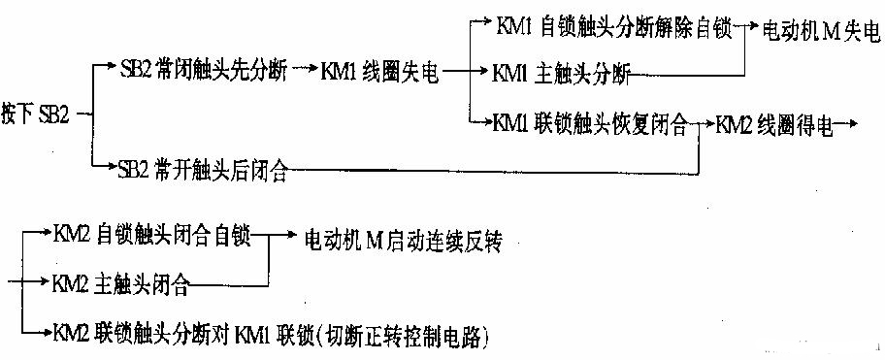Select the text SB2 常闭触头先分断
(203, 71)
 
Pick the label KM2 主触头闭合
(121, 283)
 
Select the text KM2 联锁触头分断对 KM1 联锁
(183, 336)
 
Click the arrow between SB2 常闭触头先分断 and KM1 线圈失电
(305, 70)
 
